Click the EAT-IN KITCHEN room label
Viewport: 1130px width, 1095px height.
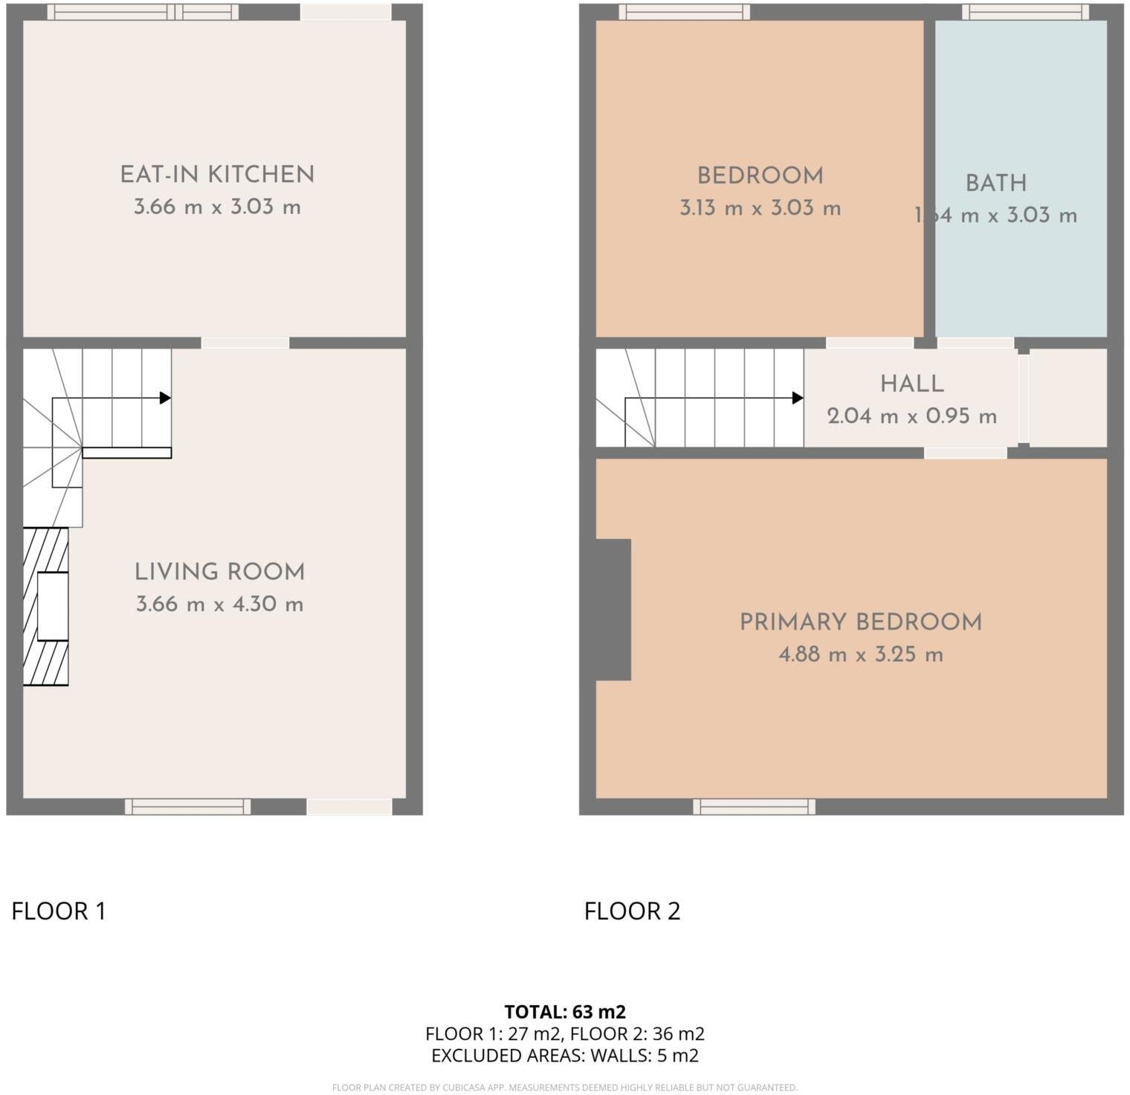tap(217, 174)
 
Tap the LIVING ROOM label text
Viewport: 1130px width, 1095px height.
tap(219, 572)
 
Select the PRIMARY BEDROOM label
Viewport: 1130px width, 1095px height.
tap(860, 622)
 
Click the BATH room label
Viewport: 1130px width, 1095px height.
tap(995, 183)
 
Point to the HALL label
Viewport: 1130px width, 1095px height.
tap(911, 384)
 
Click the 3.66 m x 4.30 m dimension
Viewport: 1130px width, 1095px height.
tap(219, 604)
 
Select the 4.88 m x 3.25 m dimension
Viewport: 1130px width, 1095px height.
tap(860, 655)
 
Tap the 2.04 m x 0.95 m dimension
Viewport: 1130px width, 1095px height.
tap(911, 416)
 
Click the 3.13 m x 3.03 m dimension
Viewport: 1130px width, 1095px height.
tap(760, 208)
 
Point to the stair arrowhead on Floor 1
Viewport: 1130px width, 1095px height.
tap(166, 398)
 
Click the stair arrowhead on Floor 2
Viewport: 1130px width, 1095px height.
tap(798, 398)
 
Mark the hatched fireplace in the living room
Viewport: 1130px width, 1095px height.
tap(45, 606)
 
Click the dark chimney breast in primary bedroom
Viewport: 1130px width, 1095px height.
tap(613, 610)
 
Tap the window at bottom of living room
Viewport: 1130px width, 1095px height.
tap(187, 807)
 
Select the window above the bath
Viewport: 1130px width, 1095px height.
tap(1024, 12)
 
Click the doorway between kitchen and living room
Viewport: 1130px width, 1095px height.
tap(245, 343)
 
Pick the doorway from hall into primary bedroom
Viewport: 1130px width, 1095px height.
tap(965, 453)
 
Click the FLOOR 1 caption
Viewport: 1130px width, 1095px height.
tap(59, 911)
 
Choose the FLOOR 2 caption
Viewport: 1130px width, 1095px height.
tap(632, 911)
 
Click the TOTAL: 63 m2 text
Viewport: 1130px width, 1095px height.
tap(564, 1012)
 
